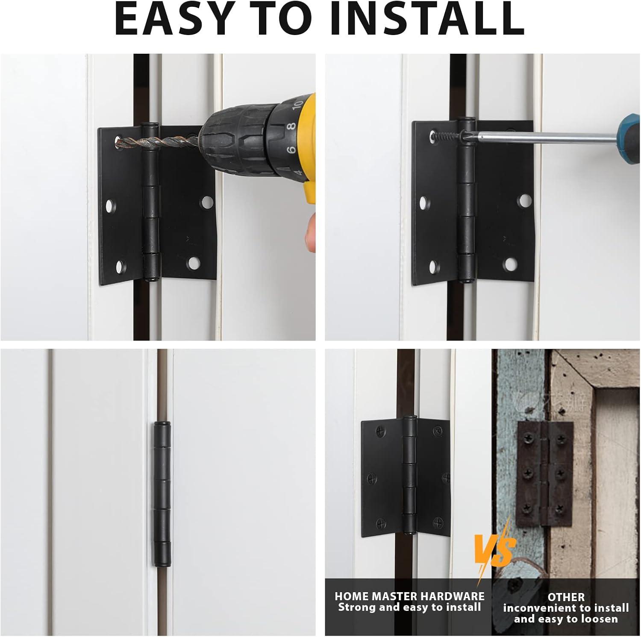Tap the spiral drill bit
[158, 141]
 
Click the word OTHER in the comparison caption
[566, 597]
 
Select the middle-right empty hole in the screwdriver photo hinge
[524, 201]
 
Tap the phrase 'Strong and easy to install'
[409, 607]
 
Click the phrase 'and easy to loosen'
[566, 619]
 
